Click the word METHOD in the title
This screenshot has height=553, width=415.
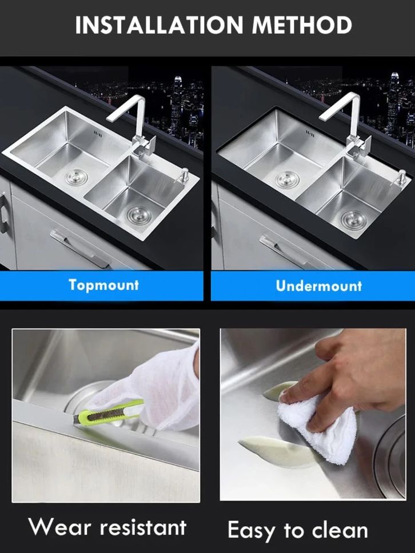click(x=302, y=25)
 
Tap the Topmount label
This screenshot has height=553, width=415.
click(x=104, y=285)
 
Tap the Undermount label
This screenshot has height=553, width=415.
click(x=318, y=286)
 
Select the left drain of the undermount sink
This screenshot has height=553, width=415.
click(x=288, y=179)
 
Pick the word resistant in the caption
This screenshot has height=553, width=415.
click(x=143, y=528)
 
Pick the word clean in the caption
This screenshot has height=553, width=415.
click(x=340, y=530)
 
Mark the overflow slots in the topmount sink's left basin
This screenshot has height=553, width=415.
click(x=98, y=134)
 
